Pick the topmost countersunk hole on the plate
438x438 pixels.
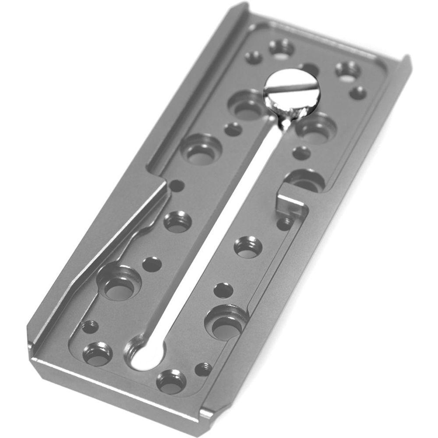coord(281,47)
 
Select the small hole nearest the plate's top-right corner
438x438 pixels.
coord(358,92)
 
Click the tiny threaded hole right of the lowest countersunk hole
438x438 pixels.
coord(203,368)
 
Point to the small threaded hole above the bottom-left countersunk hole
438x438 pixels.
coord(90,326)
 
